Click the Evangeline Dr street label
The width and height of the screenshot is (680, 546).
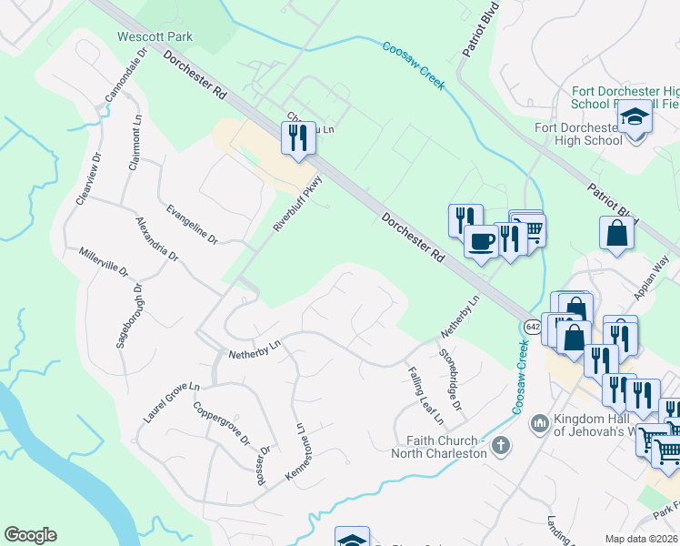point(192,224)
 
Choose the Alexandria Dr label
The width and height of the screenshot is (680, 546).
point(156,239)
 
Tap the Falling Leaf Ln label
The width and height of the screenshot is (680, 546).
point(421,396)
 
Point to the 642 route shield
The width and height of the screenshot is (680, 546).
point(533,327)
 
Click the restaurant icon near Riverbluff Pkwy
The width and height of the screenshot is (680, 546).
point(298,138)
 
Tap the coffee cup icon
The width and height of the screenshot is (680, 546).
point(481,241)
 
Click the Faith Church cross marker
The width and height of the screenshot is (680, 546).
point(500,445)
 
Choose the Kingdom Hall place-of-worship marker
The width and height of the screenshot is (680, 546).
point(539,422)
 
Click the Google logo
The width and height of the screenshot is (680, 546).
point(30,535)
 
